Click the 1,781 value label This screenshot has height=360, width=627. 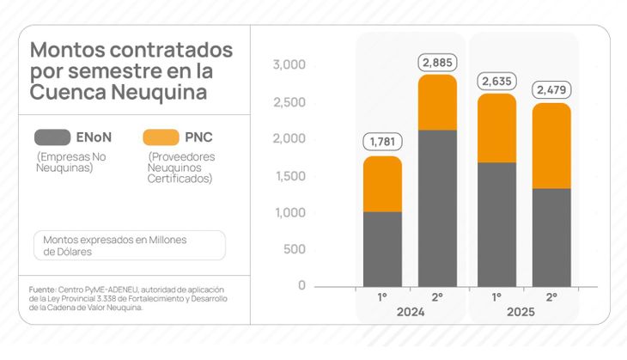click(x=382, y=142)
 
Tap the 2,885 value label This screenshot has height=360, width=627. click(x=437, y=62)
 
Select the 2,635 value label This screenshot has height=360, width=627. click(x=496, y=82)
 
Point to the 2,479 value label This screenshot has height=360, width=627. click(x=551, y=89)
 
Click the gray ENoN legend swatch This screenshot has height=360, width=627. click(x=52, y=137)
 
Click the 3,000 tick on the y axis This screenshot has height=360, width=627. click(x=289, y=65)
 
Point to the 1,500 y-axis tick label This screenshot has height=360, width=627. click(x=289, y=176)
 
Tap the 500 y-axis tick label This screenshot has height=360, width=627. click(x=294, y=249)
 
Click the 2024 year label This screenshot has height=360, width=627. click(x=410, y=312)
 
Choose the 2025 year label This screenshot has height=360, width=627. click(x=520, y=312)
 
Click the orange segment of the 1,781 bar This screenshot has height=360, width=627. click(x=382, y=184)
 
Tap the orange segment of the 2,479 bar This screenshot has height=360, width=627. click(x=551, y=146)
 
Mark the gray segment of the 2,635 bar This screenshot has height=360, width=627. click(x=496, y=223)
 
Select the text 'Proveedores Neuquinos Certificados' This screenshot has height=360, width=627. click(x=182, y=168)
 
